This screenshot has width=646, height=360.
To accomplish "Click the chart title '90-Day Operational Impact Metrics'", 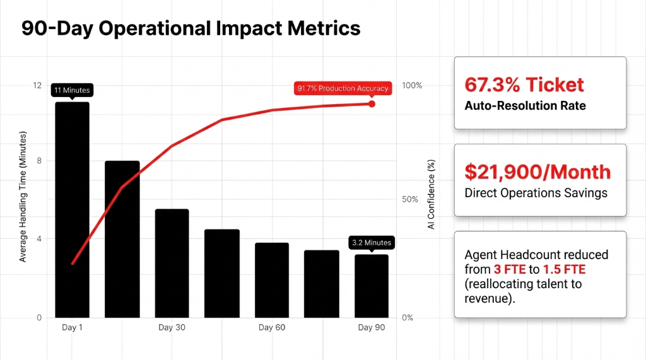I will tap(191, 28).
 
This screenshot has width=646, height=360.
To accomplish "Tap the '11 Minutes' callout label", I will tap(72, 90).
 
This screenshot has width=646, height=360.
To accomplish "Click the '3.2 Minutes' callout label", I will tap(371, 242).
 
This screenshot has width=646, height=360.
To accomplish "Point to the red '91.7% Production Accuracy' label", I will tap(343, 88).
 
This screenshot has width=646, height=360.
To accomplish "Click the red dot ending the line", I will tap(372, 103).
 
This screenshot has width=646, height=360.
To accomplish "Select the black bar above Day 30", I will tap(172, 263).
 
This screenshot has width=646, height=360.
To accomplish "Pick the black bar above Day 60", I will tap(272, 280).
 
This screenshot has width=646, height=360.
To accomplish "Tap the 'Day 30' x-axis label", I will tap(172, 328).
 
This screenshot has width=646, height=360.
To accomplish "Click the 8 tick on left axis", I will tap(39, 161).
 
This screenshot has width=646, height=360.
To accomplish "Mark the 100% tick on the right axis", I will tap(411, 85).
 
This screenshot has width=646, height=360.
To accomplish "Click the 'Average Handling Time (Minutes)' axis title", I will tap(23, 197).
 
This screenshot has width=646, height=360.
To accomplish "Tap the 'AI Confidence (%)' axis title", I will tap(432, 194).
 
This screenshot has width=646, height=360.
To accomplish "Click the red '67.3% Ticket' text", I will tap(524, 84).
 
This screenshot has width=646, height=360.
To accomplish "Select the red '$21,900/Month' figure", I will tap(537, 171).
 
